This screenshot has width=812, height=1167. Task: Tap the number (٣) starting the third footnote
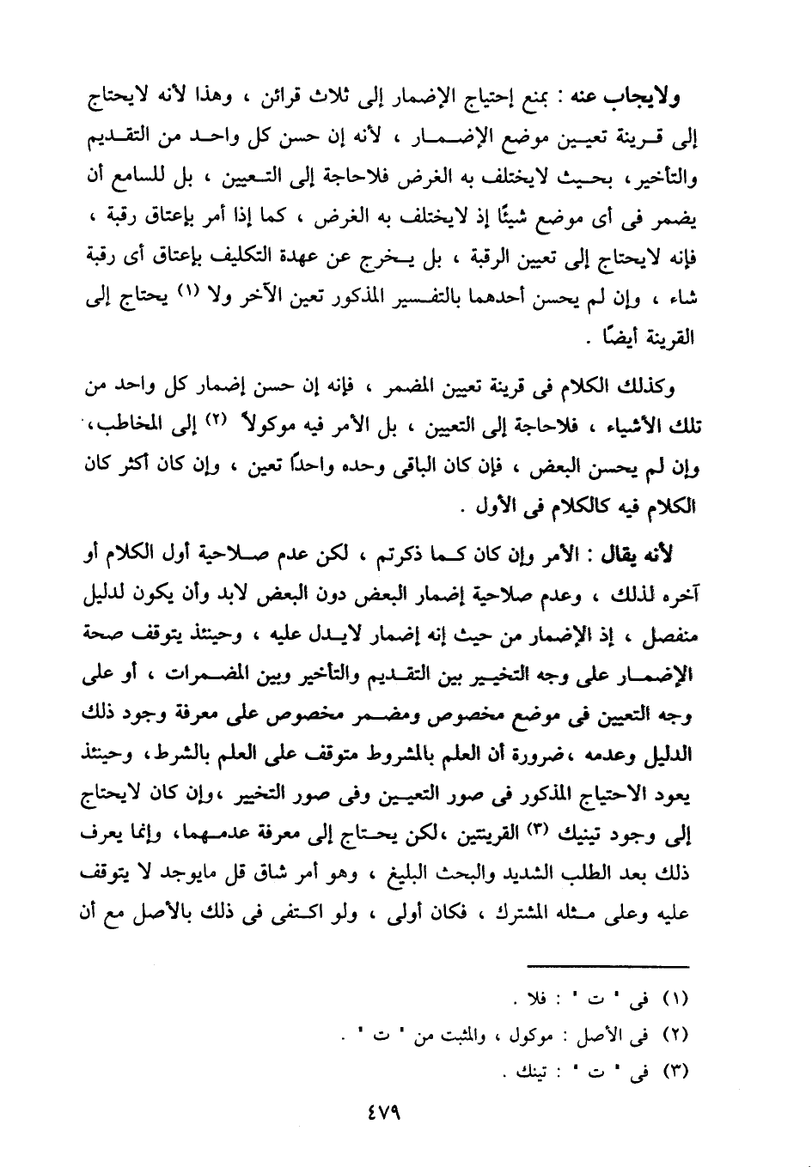pyautogui.click(x=678, y=1071)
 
